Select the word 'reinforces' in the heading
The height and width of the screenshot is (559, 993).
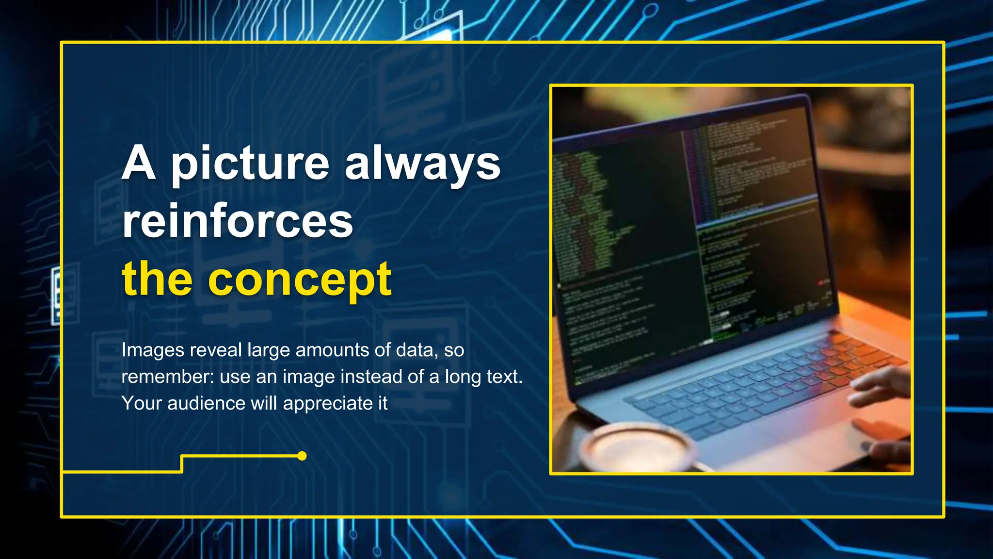(238, 222)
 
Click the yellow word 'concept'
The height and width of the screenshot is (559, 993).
(300, 280)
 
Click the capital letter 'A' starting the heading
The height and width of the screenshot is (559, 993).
(139, 164)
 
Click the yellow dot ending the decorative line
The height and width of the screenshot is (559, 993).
(302, 456)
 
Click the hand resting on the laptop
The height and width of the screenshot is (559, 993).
(878, 388)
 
